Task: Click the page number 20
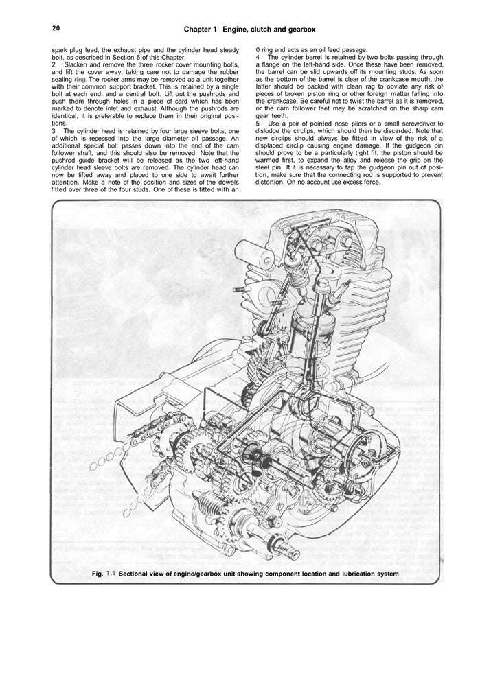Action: coord(56,29)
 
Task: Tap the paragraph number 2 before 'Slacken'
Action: coord(54,64)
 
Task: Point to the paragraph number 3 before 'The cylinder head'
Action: coord(54,130)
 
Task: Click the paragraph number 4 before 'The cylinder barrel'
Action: coord(258,57)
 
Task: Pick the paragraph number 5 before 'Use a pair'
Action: coord(258,124)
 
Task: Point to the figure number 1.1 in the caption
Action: coord(111,573)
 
